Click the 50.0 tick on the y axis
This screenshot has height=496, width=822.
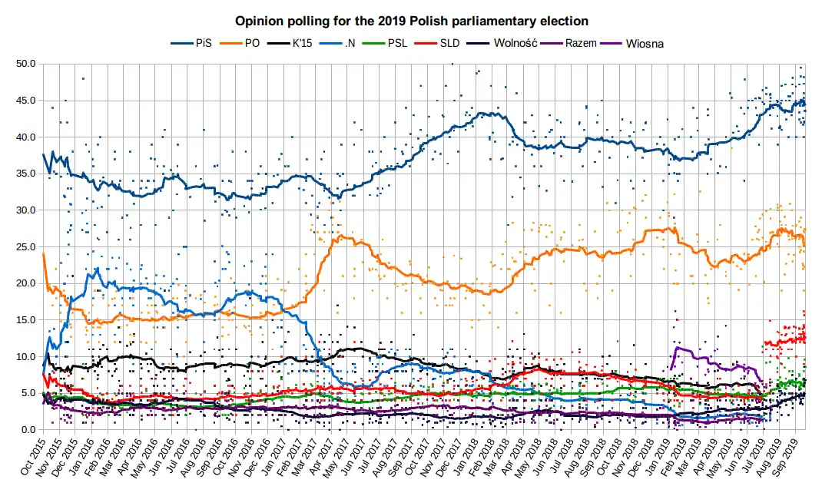pos(26,64)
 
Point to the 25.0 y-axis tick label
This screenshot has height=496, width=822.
pos(26,246)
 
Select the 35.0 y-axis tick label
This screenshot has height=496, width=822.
pos(26,174)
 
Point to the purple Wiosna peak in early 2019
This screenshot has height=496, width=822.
pos(677,348)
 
